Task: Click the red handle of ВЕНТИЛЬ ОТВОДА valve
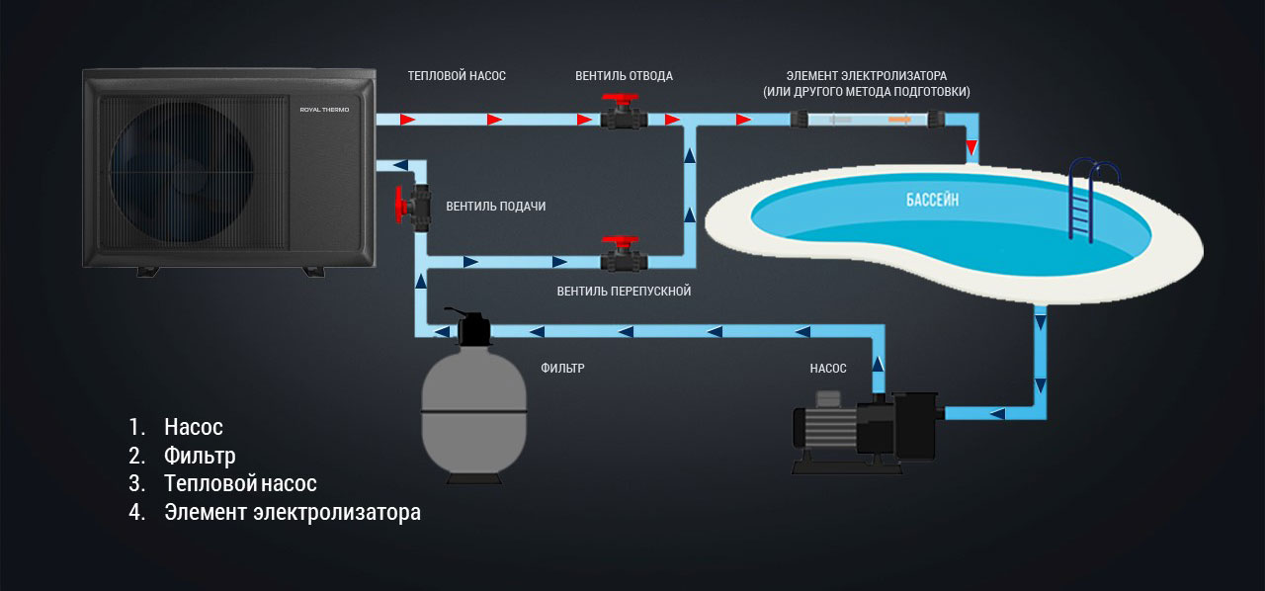(623, 102)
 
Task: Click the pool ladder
(1093, 198)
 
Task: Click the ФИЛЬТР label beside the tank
(562, 369)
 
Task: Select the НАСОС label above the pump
(827, 369)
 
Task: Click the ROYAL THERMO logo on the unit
(323, 110)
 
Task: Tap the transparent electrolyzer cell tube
(868, 120)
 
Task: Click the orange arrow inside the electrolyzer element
(900, 120)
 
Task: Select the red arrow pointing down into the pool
(972, 149)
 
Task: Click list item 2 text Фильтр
(200, 456)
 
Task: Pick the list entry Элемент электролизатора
(293, 513)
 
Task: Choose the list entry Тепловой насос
(240, 484)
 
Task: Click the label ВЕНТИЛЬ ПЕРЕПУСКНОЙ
(623, 292)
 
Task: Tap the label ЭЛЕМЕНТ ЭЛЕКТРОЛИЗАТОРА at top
(866, 76)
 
